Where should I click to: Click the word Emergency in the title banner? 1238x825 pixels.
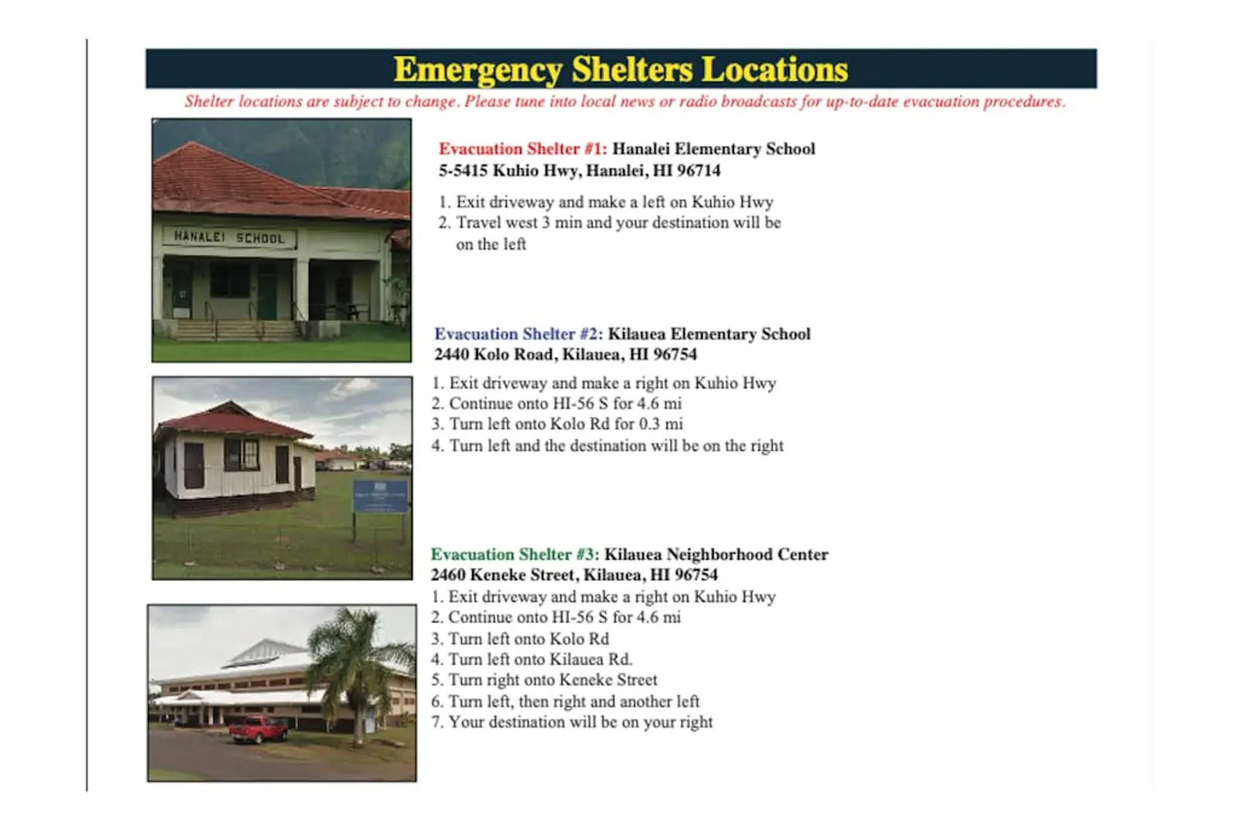(x=478, y=70)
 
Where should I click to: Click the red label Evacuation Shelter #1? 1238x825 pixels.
(x=523, y=149)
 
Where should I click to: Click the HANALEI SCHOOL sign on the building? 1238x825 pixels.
(x=229, y=237)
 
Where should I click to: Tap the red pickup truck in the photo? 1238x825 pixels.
(x=258, y=729)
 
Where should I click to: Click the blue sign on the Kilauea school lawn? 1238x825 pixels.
(x=380, y=496)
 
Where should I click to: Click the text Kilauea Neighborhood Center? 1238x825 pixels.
(x=716, y=554)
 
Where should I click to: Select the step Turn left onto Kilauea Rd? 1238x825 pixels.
(x=541, y=660)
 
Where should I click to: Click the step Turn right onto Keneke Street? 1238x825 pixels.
(x=552, y=680)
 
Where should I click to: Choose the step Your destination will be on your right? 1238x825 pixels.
(x=580, y=722)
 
